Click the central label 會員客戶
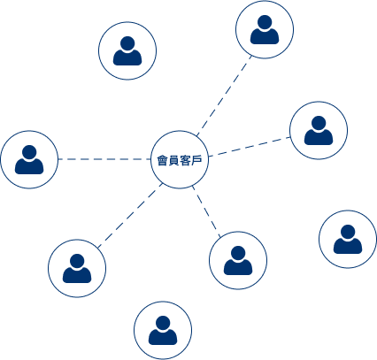(180, 160)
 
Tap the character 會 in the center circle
(162, 160)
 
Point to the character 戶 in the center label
(196, 160)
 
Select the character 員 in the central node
(173, 160)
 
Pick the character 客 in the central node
(185, 160)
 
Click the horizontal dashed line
(104, 159)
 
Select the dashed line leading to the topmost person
(224, 96)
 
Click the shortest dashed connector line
(206, 211)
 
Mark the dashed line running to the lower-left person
(130, 215)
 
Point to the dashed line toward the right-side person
(250, 147)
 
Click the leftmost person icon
(29, 159)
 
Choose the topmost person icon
(265, 30)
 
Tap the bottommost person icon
(163, 330)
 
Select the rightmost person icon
(348, 239)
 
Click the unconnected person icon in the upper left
(127, 50)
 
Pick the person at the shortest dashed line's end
(238, 260)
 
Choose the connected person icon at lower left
(77, 268)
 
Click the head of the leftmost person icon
(29, 152)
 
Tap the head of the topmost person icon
(265, 22)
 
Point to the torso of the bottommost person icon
(163, 338)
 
